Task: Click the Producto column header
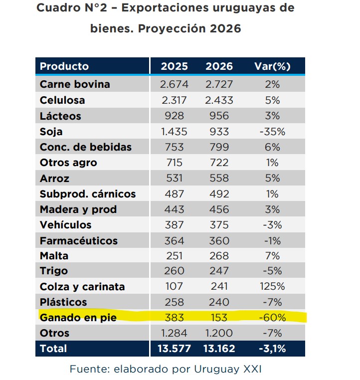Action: coord(64,66)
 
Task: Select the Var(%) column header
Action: coord(272,66)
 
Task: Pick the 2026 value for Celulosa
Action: coord(219,100)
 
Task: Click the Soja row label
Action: coord(51,132)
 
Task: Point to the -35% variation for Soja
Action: coord(272,132)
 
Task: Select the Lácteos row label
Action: coord(60,116)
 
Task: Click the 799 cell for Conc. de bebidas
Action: coord(219,147)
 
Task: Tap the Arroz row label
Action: coord(54,178)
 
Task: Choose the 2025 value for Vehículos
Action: coord(174,225)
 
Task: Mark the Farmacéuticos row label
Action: coord(78,240)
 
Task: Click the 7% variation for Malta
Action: coord(272,256)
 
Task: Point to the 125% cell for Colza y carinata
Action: coord(272,287)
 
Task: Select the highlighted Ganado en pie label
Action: coord(77,318)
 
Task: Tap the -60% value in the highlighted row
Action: coord(272,318)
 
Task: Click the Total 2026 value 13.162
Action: coord(219,349)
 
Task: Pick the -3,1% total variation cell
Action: coord(272,349)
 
